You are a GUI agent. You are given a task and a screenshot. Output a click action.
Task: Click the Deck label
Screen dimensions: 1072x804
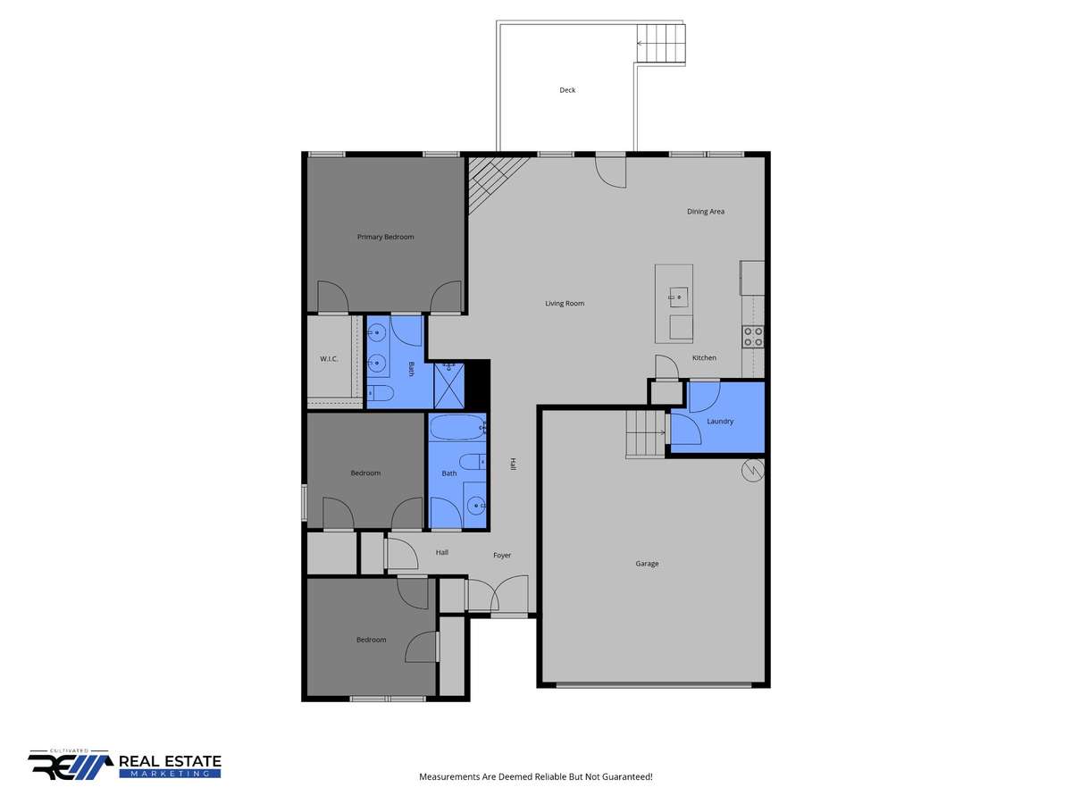[x=567, y=90]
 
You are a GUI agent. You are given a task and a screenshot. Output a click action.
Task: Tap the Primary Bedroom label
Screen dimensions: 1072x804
[x=385, y=237]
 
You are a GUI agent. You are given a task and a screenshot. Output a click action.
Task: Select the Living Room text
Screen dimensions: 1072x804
[x=565, y=303]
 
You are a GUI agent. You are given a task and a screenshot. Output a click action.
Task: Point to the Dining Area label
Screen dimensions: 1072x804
[x=705, y=212]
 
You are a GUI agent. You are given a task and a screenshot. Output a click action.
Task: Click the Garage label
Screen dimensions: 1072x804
[x=647, y=564]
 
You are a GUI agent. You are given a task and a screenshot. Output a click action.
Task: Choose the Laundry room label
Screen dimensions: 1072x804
[x=720, y=422]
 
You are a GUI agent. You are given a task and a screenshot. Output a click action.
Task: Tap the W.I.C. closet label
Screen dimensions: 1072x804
[x=329, y=359]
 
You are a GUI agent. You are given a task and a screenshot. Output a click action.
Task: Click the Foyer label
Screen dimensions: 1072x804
[x=502, y=555]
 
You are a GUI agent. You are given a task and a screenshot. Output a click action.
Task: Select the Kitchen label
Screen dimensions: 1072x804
[x=704, y=358]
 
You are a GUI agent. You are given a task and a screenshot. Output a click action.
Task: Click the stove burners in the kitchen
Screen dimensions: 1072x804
[x=752, y=337]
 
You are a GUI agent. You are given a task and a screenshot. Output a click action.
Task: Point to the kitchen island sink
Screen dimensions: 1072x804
[x=678, y=297]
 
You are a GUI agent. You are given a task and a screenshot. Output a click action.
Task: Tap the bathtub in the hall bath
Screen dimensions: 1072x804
[x=457, y=428]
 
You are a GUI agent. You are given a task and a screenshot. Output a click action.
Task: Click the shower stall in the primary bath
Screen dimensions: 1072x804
[x=448, y=386]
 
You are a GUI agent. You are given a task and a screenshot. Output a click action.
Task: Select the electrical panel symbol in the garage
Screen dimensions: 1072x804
[x=752, y=471]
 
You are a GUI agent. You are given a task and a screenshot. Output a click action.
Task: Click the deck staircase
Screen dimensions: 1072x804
[x=661, y=43]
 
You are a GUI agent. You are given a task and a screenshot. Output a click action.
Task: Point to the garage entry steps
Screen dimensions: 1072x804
[x=646, y=434]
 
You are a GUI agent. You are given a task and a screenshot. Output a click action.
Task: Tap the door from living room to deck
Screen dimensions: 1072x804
[x=610, y=170]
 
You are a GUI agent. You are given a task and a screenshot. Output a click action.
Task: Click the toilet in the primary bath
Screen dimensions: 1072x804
[x=381, y=392]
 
